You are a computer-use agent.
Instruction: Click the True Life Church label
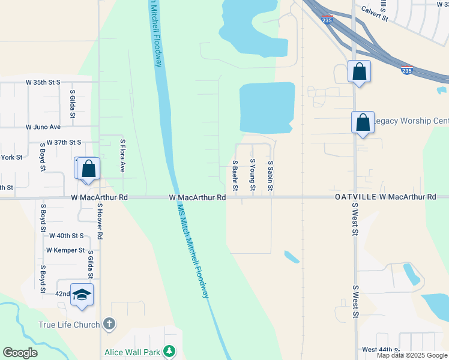pos(68,325)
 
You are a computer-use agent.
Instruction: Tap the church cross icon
pos(109,325)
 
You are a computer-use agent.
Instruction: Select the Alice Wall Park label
pos(132,352)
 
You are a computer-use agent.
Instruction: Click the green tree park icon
pos(170,351)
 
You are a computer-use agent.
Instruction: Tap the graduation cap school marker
pos(82,295)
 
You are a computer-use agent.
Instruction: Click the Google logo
pos(20,353)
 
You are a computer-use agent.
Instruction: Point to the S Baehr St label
pos(235,176)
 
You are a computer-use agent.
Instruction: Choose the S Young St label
pos(253,176)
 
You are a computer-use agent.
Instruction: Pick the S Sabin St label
pos(271,176)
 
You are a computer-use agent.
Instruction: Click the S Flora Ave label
pos(122,156)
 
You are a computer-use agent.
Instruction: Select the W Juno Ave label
pos(43,127)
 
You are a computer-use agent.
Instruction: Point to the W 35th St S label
pos(43,82)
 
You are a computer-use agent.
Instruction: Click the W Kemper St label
pos(65,250)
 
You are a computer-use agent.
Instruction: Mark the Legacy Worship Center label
pos(411,121)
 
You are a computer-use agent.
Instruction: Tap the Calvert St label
pos(375,13)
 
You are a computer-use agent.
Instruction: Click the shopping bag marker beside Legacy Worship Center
pos(363,122)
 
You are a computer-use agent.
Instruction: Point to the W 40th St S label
pos(66,236)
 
